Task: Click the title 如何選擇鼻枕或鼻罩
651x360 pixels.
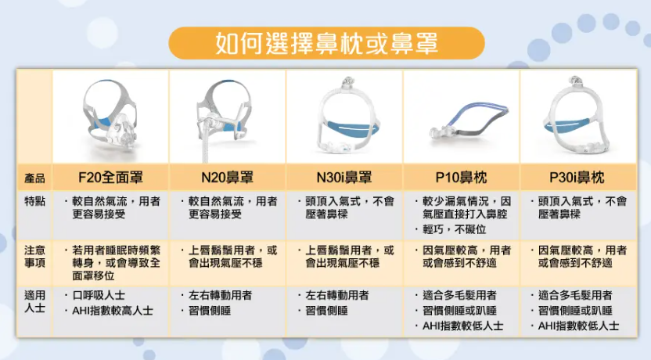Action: point(326,43)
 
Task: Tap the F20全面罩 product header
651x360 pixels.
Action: point(110,178)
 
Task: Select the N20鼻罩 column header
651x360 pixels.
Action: point(227,178)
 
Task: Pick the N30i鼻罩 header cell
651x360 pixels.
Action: point(344,178)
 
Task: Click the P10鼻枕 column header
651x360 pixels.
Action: point(461,178)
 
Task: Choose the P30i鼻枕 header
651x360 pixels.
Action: point(577,178)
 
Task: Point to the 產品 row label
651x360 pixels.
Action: point(34,178)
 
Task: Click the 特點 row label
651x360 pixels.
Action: point(34,201)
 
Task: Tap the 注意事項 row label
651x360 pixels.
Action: point(34,257)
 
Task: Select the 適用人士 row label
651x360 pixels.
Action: point(34,301)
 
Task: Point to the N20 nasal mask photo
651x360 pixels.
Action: point(225,118)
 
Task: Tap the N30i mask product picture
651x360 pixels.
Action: point(347,114)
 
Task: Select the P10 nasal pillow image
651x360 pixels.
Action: point(469,121)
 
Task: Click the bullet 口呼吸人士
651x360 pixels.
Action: point(99,295)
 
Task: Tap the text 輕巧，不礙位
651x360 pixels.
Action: point(454,229)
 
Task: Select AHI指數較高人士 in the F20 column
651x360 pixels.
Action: point(113,311)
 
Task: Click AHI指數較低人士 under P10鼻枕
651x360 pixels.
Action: point(463,326)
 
